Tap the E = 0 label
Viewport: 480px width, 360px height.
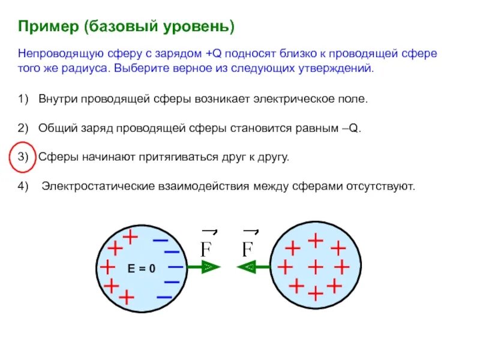click(x=142, y=268)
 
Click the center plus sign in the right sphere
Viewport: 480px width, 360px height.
click(x=314, y=266)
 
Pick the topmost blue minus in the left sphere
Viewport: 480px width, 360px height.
click(x=160, y=239)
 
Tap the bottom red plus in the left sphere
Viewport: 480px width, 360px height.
click(x=127, y=296)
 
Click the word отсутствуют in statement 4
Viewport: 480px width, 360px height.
click(x=380, y=186)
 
